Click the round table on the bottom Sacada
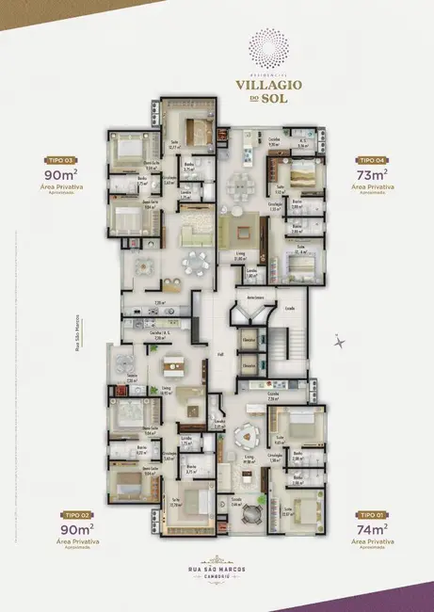tap(249, 513)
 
